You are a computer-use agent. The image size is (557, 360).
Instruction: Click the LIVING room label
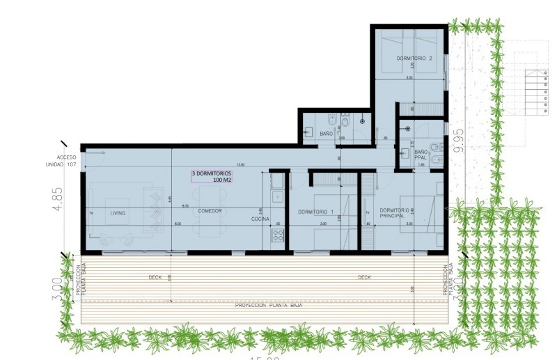click(x=118, y=213)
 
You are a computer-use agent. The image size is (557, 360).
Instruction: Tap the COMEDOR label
click(x=210, y=211)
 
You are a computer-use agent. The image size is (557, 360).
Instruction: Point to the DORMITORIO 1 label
click(x=316, y=212)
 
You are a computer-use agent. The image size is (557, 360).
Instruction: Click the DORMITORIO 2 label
click(x=415, y=58)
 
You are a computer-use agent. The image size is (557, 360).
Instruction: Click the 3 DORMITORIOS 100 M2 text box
click(x=212, y=176)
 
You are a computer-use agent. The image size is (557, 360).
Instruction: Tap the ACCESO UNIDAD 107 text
click(x=66, y=161)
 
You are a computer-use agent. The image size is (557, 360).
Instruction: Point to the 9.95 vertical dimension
click(x=457, y=140)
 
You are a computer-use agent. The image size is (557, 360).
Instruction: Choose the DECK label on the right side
click(x=365, y=277)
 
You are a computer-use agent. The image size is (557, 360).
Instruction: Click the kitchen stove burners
click(x=278, y=235)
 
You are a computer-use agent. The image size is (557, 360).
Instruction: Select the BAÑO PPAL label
click(x=421, y=155)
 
